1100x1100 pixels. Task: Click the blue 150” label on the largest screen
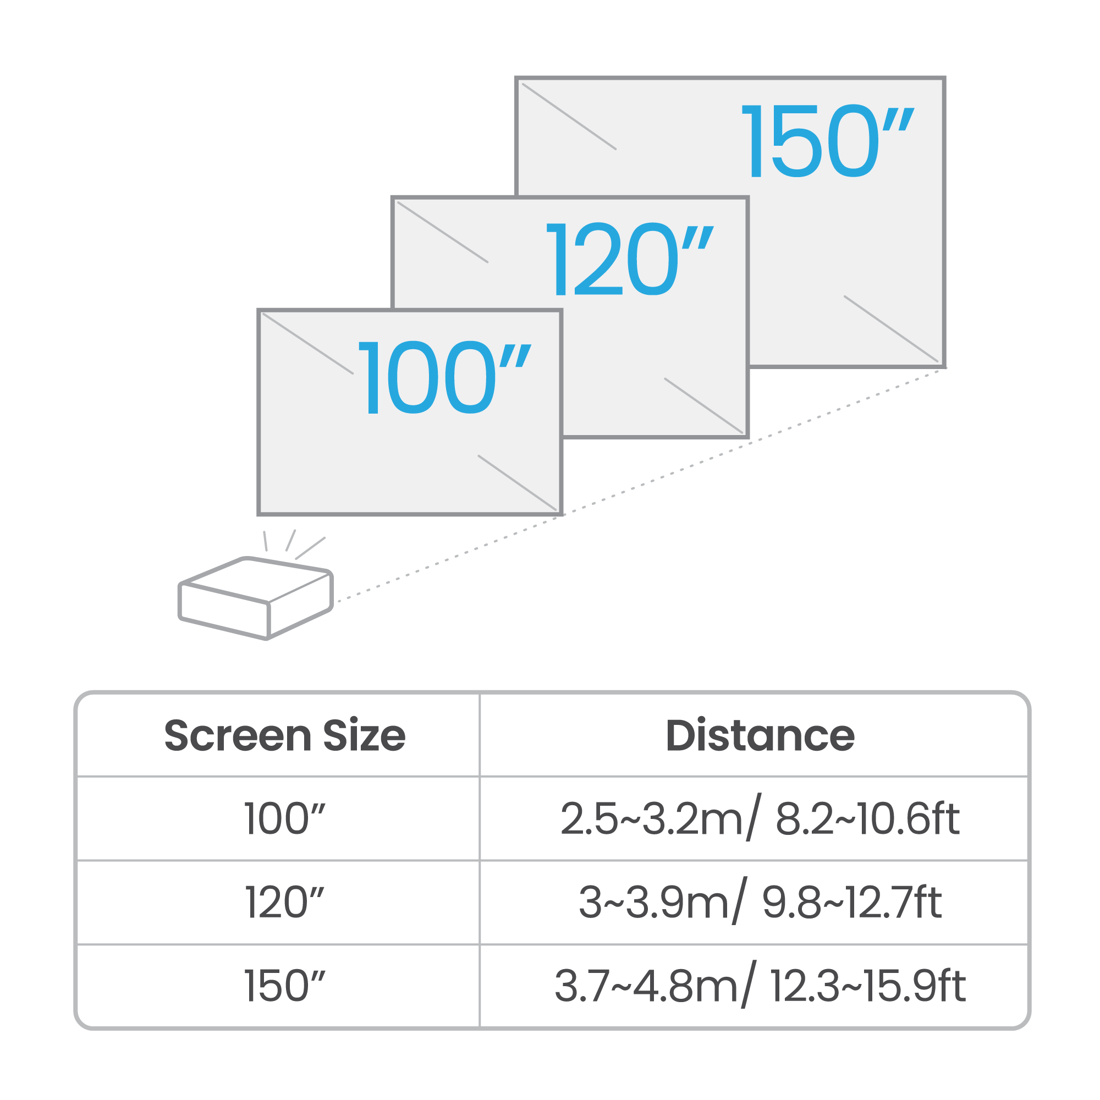point(828,141)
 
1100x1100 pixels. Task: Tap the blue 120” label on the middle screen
point(630,258)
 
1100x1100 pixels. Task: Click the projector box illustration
point(256,598)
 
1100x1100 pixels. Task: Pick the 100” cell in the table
point(285,819)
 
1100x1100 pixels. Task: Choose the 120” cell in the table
point(285,903)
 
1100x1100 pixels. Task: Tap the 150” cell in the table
point(285,986)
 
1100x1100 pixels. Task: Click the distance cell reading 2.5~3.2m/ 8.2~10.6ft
point(760,818)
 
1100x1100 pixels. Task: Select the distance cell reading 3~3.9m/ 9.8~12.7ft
point(760,902)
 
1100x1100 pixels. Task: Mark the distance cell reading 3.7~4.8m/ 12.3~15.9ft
point(760,986)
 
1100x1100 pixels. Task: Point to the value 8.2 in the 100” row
point(804,819)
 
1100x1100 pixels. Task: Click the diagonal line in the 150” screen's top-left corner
point(569,117)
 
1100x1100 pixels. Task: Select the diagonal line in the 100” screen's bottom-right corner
point(517,482)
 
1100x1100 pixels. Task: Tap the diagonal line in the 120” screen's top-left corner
point(442,232)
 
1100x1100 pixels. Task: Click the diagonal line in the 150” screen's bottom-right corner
point(891,328)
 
